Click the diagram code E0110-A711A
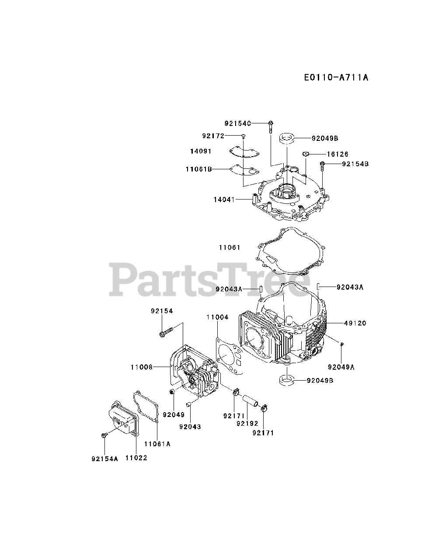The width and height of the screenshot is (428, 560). [x=336, y=77]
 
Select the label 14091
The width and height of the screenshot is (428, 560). [x=201, y=151]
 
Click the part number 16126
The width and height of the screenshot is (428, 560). [x=338, y=154]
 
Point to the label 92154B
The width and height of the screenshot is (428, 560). [x=355, y=164]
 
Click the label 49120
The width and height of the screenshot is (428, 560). [x=355, y=323]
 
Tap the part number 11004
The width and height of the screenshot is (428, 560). [x=217, y=317]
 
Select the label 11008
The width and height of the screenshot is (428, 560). [x=141, y=367]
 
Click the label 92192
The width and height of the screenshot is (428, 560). [x=247, y=423]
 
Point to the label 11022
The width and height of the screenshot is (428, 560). [x=136, y=458]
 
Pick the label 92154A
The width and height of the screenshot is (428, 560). [x=105, y=459]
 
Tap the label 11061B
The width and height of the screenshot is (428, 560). [x=199, y=168]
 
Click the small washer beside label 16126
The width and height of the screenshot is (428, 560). [x=306, y=154]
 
